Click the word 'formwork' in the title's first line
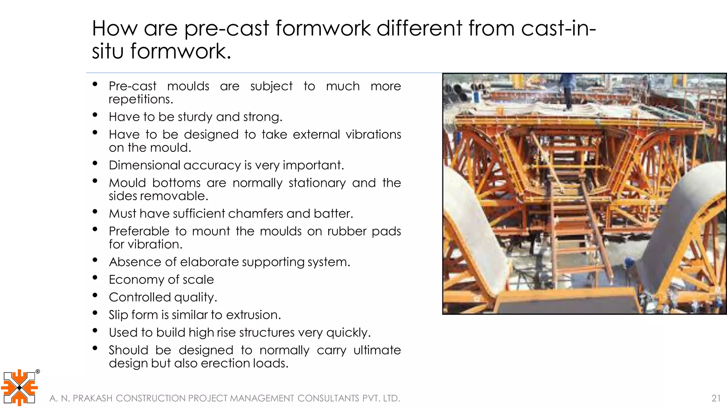323,28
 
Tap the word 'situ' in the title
107,51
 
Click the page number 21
716,398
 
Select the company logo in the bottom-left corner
19,387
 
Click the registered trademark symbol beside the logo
38,372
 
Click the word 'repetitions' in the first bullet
140,99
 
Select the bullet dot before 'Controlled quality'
95,295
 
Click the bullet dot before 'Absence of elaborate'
95,260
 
